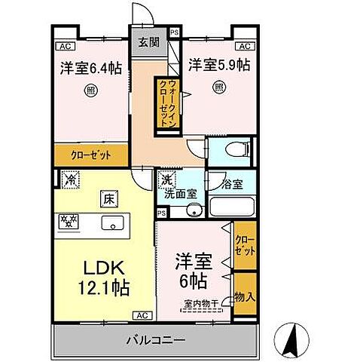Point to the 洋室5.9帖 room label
pyautogui.click(x=218, y=65)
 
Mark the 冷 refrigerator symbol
pyautogui.click(x=71, y=180)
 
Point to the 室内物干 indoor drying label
pyautogui.click(x=199, y=304)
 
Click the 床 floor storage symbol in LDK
pyautogui.click(x=108, y=200)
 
